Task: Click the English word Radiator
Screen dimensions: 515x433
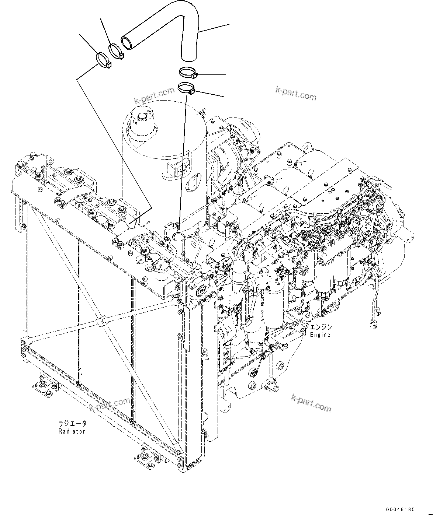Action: (72, 431)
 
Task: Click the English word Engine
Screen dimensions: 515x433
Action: (320, 335)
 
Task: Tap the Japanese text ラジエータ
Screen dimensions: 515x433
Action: (72, 424)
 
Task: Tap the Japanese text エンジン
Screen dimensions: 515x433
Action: (321, 327)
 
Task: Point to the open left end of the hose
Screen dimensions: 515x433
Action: (127, 42)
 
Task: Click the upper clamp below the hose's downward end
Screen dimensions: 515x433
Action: (188, 72)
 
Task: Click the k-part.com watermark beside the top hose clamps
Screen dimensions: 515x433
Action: (154, 95)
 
